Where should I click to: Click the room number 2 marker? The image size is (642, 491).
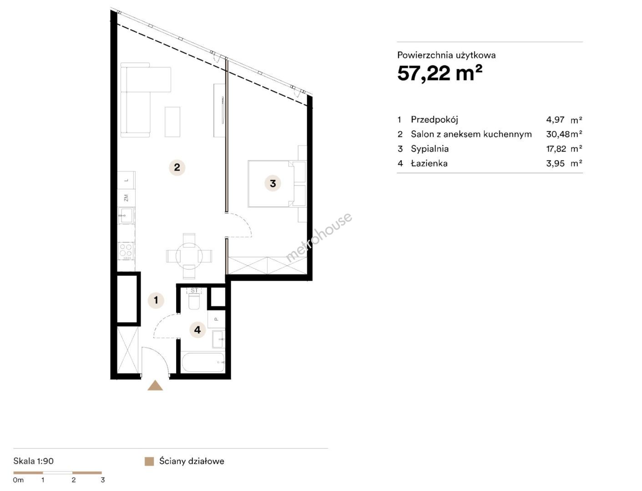[x=177, y=167]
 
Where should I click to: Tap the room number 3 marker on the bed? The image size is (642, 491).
[x=273, y=184]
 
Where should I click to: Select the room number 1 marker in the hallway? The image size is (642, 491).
[x=156, y=300]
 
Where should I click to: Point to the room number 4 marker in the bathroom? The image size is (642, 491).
[x=197, y=330]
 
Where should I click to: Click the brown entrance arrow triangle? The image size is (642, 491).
[x=155, y=386]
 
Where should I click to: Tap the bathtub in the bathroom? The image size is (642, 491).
[x=203, y=363]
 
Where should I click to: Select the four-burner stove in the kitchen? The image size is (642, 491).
[x=126, y=251]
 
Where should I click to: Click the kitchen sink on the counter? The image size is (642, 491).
[x=126, y=216]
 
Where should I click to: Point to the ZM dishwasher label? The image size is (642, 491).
[x=126, y=198]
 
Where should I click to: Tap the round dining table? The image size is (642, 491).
[x=189, y=256]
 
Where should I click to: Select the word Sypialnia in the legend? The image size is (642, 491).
[x=430, y=149]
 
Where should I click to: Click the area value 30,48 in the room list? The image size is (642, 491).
[x=558, y=134]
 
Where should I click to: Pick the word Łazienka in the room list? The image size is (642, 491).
[x=429, y=163]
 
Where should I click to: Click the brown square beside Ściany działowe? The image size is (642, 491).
[x=149, y=461]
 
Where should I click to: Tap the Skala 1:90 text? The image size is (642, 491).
[x=33, y=461]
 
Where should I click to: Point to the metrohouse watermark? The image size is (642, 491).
[x=318, y=237]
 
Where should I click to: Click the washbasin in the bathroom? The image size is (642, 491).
[x=219, y=339]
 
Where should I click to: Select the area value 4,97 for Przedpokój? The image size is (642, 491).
[x=555, y=120]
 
